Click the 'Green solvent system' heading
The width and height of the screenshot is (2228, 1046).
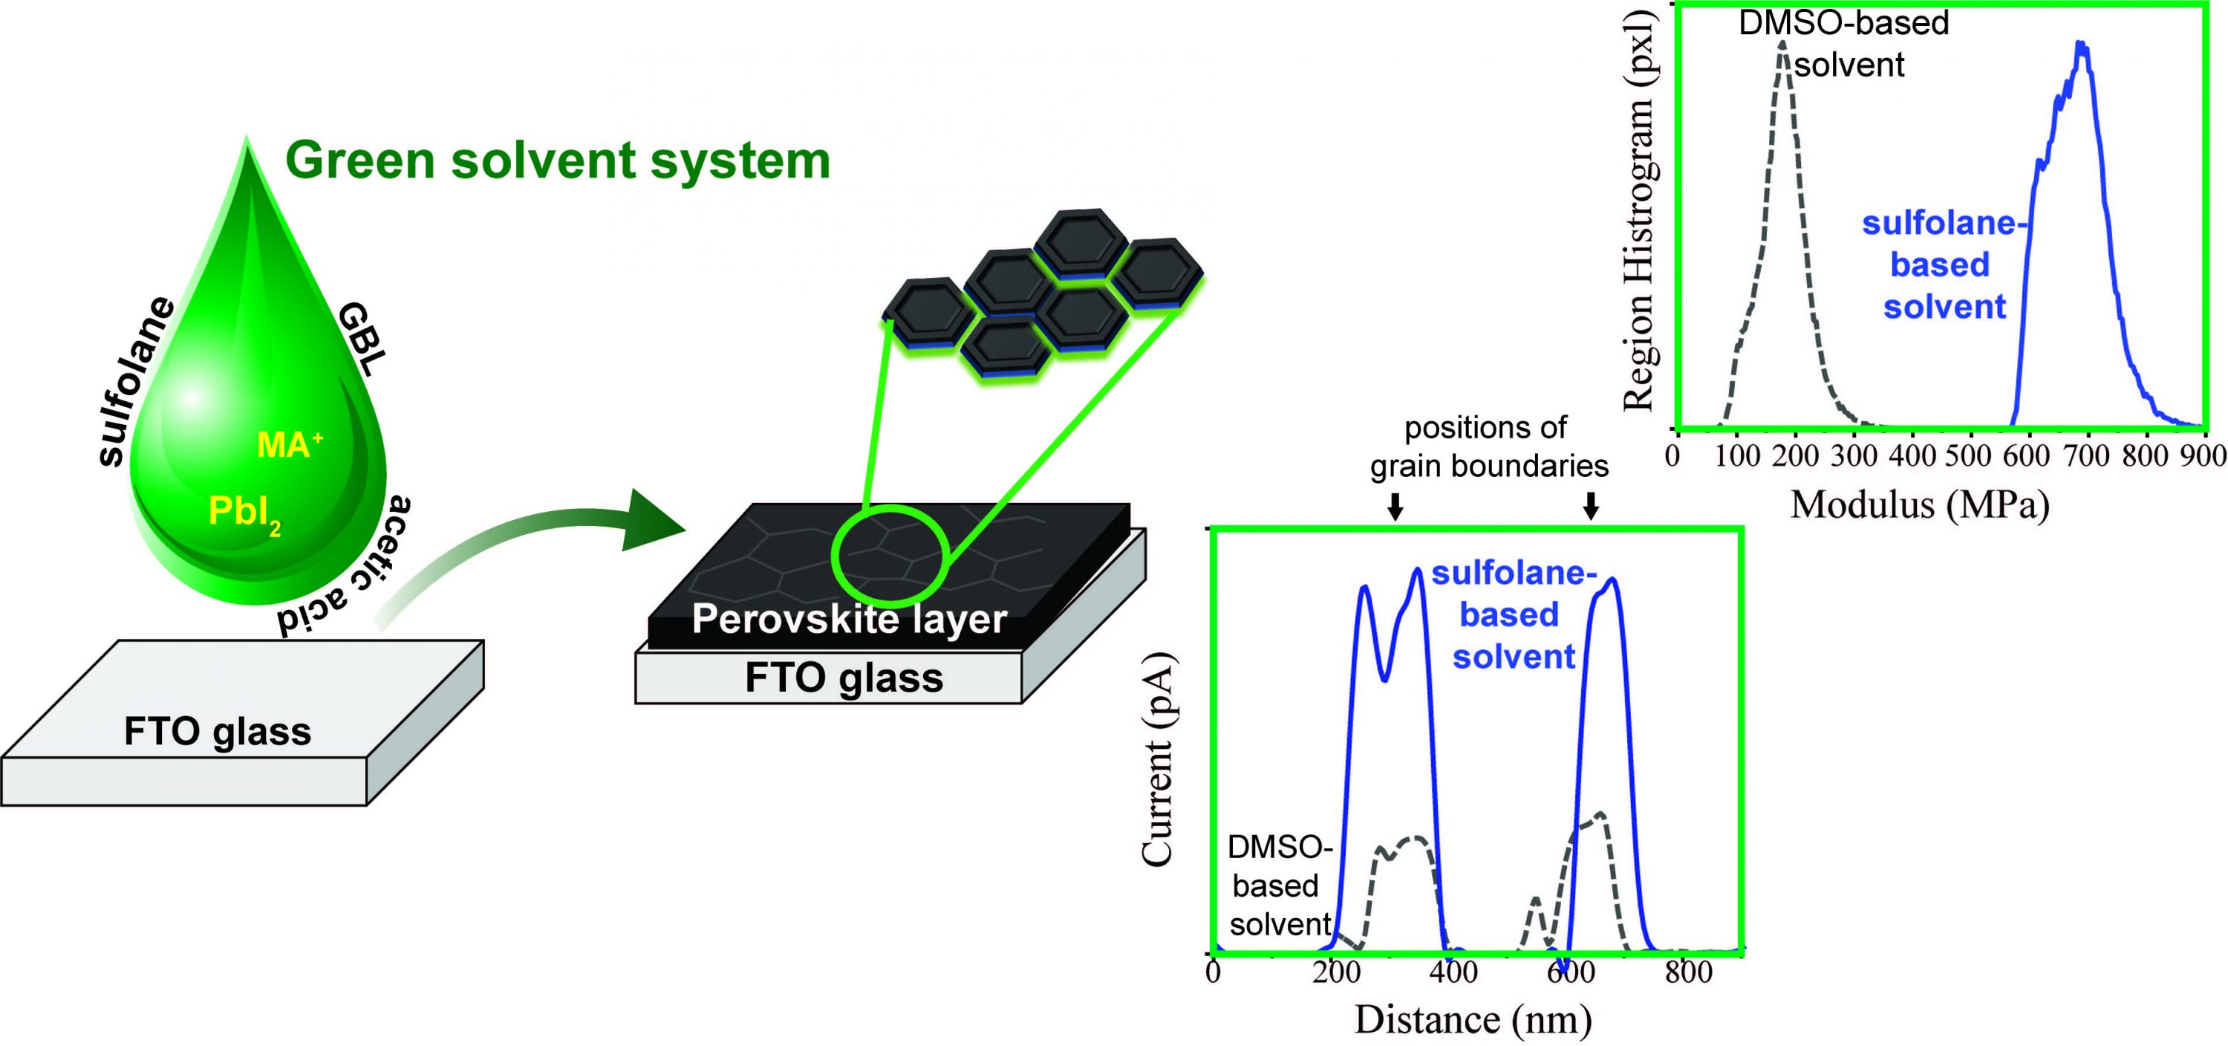(x=557, y=161)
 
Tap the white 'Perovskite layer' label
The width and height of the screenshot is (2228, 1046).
(x=850, y=620)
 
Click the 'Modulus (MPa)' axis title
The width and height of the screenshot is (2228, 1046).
(x=1919, y=504)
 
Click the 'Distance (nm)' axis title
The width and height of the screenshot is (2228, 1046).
(x=1472, y=1019)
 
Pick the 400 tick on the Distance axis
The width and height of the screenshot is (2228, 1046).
(x=1453, y=972)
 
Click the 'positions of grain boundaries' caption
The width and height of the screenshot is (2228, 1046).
(x=1488, y=446)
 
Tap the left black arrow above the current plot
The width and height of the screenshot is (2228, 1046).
(x=1394, y=506)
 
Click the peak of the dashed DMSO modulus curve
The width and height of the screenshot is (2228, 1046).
(x=1782, y=43)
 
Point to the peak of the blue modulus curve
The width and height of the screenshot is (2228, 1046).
(x=2081, y=43)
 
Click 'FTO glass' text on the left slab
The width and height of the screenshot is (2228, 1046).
(x=217, y=732)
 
